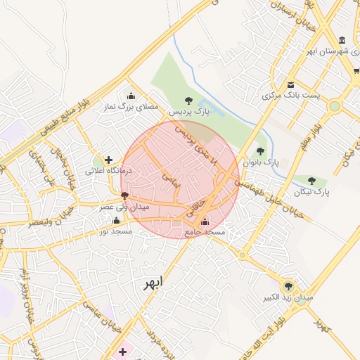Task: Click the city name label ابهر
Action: pos(152,282)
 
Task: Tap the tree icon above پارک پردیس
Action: pos(188,101)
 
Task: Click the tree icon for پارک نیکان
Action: pos(311,181)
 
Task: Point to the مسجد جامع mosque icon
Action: pos(205,222)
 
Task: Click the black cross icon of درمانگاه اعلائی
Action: pos(108,160)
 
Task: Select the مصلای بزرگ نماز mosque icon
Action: pos(130,96)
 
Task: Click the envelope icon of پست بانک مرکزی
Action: pos(290,85)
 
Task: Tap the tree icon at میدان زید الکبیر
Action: pos(288,286)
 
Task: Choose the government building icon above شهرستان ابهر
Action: pos(342,40)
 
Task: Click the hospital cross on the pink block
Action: pos(124,351)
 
